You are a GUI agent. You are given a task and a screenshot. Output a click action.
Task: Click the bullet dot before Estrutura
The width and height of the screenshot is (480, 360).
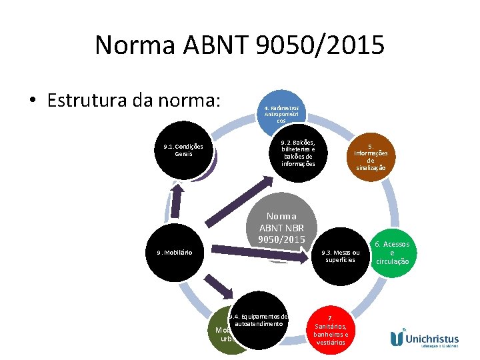(x=32, y=101)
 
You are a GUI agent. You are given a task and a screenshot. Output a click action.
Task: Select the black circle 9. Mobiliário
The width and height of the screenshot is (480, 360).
(x=175, y=253)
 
